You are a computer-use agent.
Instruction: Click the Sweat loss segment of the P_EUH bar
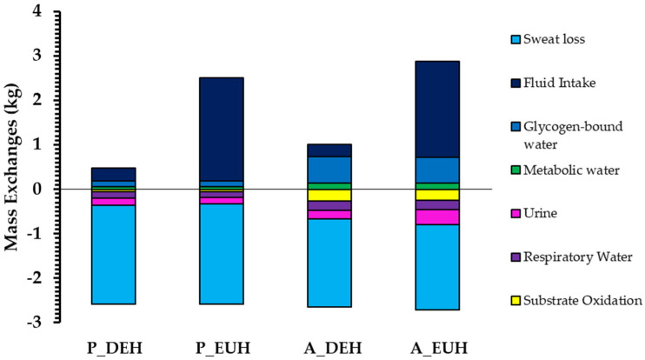point(210,253)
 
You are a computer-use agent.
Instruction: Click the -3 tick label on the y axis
point(32,322)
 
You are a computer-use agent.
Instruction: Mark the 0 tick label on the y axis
point(36,189)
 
